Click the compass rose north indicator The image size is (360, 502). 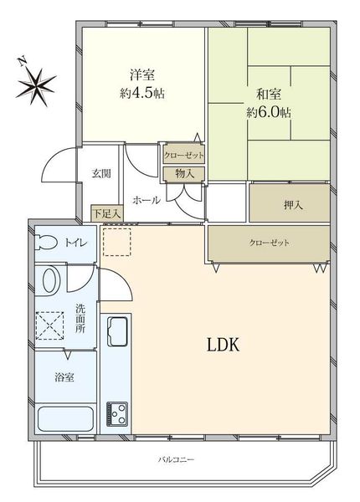pyautogui.click(x=36, y=83)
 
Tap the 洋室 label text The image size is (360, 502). pyautogui.click(x=142, y=75)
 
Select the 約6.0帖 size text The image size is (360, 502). pyautogui.click(x=269, y=112)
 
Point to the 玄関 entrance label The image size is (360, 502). pyautogui.click(x=101, y=173)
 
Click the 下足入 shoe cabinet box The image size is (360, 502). pyautogui.click(x=107, y=213)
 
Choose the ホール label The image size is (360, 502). pyautogui.click(x=147, y=201)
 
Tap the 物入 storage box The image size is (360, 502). pyautogui.click(x=183, y=174)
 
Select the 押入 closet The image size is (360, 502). pyautogui.click(x=290, y=203)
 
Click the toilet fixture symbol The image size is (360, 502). pyautogui.click(x=47, y=243)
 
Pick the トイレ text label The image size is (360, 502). pyautogui.click(x=76, y=243)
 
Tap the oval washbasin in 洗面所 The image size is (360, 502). pyautogui.click(x=50, y=280)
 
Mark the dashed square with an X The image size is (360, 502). pyautogui.click(x=49, y=325)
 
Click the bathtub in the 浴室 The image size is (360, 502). pyautogui.click(x=65, y=419)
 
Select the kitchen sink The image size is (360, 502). pyautogui.click(x=117, y=331)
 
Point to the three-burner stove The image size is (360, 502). pyautogui.click(x=117, y=413)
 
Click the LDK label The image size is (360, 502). pyautogui.click(x=224, y=345)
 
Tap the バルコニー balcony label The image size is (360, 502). pyautogui.click(x=176, y=460)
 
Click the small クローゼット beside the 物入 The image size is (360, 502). pyautogui.click(x=183, y=155)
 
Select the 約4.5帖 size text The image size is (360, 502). pyautogui.click(x=142, y=94)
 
